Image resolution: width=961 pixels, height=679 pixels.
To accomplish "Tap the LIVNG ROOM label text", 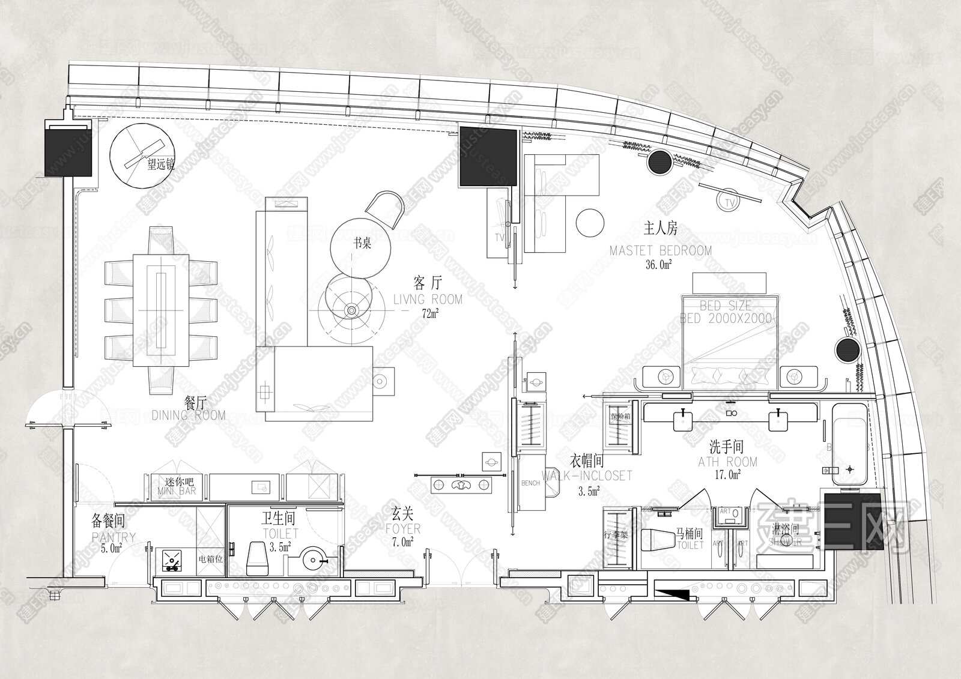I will click(427, 299).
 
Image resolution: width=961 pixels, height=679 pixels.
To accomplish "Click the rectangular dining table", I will click(160, 310).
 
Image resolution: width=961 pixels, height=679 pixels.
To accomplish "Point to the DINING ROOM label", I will click(189, 415).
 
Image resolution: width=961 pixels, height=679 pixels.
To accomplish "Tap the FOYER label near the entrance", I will click(403, 529).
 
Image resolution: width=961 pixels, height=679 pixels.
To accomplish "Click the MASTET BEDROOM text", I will click(660, 250).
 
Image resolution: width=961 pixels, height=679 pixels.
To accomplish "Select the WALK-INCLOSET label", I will click(587, 475).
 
